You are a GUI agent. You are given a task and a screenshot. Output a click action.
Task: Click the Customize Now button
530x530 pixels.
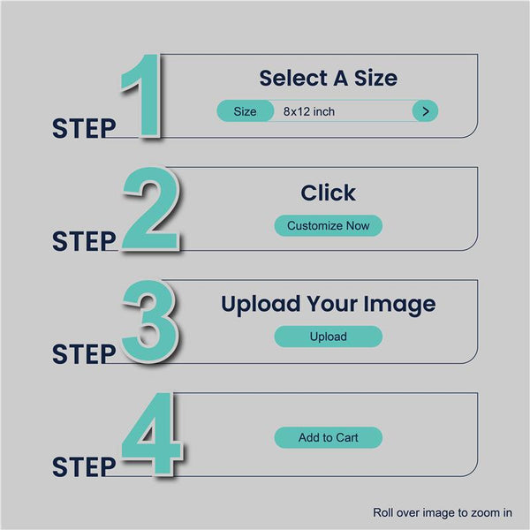[329, 225]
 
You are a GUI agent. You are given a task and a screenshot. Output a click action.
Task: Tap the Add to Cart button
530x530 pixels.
[329, 437]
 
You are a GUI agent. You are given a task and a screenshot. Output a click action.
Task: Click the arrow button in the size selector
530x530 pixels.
[425, 111]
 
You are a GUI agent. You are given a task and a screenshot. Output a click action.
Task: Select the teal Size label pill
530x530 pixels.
[245, 111]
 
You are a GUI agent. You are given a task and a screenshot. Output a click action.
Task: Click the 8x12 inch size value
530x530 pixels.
[309, 111]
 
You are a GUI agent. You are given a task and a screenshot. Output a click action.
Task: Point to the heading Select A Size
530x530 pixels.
[329, 78]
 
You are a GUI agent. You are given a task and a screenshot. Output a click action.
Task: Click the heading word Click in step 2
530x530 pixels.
[329, 193]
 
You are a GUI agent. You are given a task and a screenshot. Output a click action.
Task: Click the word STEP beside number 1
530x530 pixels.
[84, 128]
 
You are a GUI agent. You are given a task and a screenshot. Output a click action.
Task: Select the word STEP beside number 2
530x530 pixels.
[84, 241]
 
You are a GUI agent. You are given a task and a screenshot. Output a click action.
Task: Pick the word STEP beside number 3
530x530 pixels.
[84, 354]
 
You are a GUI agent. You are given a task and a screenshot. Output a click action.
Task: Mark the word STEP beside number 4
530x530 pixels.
[84, 466]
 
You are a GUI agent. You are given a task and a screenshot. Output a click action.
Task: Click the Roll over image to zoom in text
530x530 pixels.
[443, 512]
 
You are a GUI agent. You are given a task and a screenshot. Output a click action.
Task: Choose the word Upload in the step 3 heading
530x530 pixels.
[261, 305]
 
